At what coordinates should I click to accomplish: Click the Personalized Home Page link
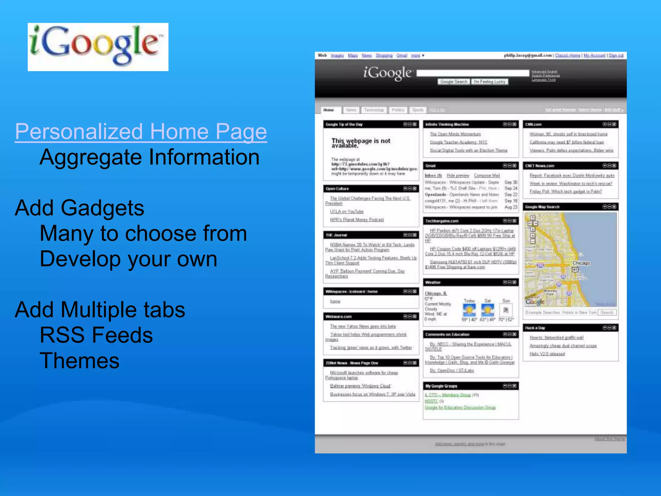coord(141,132)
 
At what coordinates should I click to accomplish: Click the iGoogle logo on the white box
coord(98,46)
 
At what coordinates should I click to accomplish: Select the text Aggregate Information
coord(149,157)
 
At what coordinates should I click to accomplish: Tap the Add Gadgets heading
coord(79,208)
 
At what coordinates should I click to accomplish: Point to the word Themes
coord(79,361)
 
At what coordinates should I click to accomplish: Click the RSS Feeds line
coord(96,335)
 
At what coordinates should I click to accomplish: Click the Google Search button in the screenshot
coord(453,82)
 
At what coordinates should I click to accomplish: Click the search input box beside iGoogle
coord(473,73)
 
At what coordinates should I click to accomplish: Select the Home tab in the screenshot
coord(329,110)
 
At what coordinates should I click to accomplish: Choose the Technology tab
coord(374,110)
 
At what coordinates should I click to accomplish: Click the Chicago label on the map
coord(581,263)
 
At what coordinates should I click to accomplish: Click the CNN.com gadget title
coord(533,124)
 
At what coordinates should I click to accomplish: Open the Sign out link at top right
coord(616,56)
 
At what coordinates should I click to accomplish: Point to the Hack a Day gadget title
coord(535,328)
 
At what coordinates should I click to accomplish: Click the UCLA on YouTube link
coord(347,212)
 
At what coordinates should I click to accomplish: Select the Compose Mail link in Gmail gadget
coord(487,175)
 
